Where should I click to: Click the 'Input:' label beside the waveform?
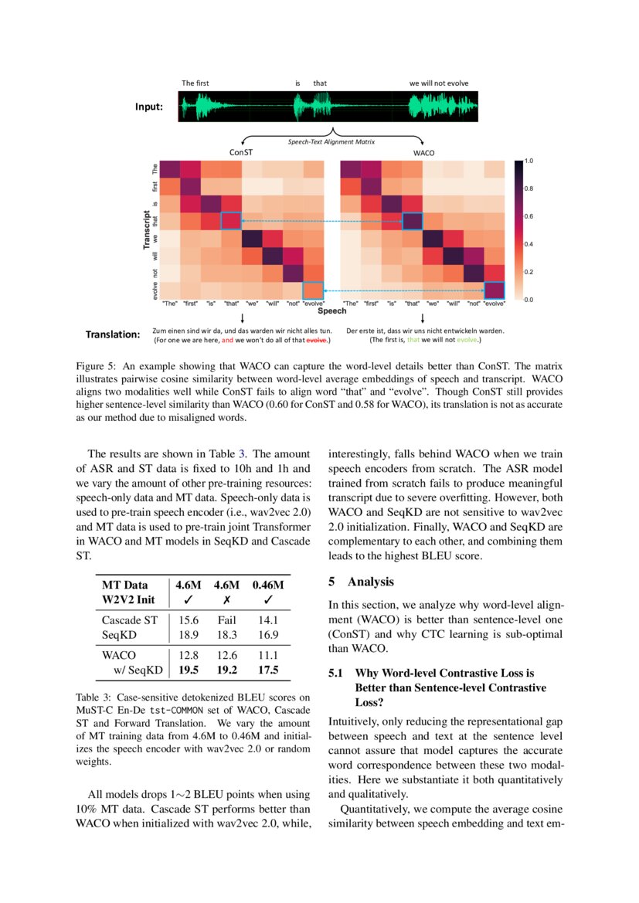pos(149,107)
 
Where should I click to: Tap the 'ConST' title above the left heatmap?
pos(240,153)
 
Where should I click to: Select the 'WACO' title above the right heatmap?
pos(423,153)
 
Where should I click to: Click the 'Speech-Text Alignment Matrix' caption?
pos(331,142)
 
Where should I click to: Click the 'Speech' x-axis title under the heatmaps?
pos(332,312)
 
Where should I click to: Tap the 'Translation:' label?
pos(113,334)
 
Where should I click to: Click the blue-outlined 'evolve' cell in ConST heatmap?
pos(313,290)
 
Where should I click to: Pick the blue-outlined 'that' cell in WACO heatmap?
pos(413,221)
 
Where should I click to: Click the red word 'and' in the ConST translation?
pos(227,339)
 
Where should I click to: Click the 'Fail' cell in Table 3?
pos(226,619)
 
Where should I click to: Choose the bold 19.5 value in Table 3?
pos(189,670)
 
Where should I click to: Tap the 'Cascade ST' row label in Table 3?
pos(130,619)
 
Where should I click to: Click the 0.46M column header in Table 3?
pos(267,585)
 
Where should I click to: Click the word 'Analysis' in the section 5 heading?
pos(371,582)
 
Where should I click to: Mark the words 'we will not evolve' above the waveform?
pos(438,83)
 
